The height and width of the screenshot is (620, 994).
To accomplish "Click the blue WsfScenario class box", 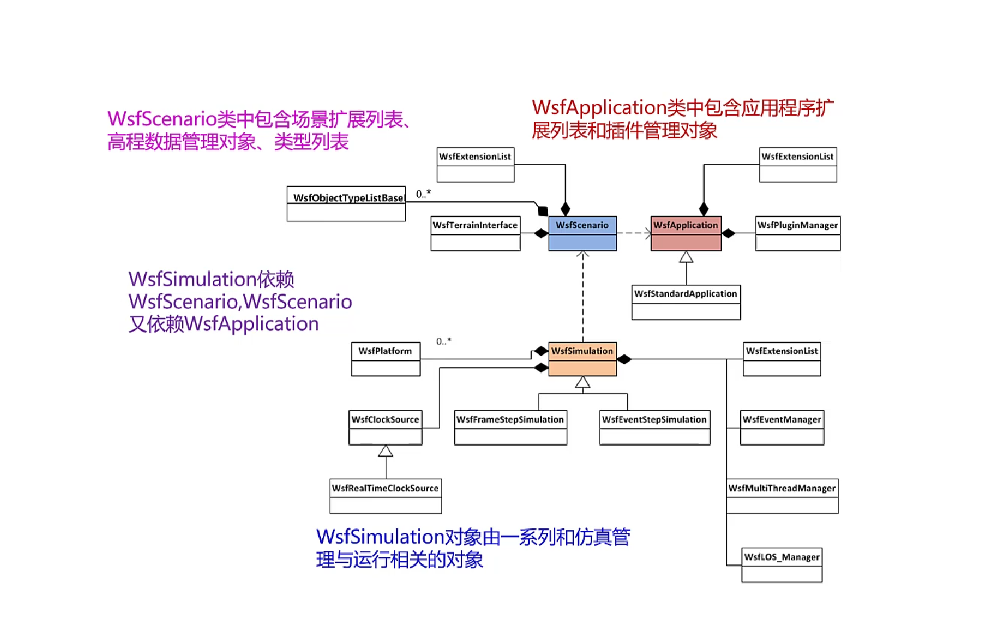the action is tap(582, 233).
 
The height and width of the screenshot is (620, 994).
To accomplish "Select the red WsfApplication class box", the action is tap(686, 233).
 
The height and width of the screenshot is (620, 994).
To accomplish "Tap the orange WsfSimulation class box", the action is tap(582, 359).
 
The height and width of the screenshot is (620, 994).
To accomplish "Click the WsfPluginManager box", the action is tap(798, 233).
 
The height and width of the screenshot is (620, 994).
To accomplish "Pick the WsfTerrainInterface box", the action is tap(476, 233).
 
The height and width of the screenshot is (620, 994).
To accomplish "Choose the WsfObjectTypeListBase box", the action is tap(346, 204).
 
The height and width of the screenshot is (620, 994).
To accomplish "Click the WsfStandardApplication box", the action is tap(686, 302).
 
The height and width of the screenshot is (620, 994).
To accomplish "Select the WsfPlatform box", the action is tap(386, 359).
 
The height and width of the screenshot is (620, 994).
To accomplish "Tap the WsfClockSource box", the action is tap(385, 428).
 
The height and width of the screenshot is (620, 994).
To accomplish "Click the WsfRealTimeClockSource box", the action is tap(386, 496).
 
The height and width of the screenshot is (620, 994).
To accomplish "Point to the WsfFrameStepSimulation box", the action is tap(510, 428).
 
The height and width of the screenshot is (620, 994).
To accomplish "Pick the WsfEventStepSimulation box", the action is tap(654, 428).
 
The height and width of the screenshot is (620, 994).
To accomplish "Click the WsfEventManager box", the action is tap(782, 428).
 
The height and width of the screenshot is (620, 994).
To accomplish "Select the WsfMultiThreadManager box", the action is tap(782, 496).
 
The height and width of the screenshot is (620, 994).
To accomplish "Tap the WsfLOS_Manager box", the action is tap(782, 565).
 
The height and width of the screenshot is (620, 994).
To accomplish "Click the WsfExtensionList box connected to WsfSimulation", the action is tap(782, 359).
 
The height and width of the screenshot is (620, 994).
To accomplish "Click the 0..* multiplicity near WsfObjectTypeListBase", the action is tap(423, 194).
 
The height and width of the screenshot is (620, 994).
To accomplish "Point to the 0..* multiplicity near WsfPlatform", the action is tap(443, 341).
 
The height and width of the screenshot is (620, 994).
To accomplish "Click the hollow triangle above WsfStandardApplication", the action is tap(686, 257).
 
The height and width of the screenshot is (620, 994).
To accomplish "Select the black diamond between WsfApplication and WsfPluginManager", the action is tap(728, 233).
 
